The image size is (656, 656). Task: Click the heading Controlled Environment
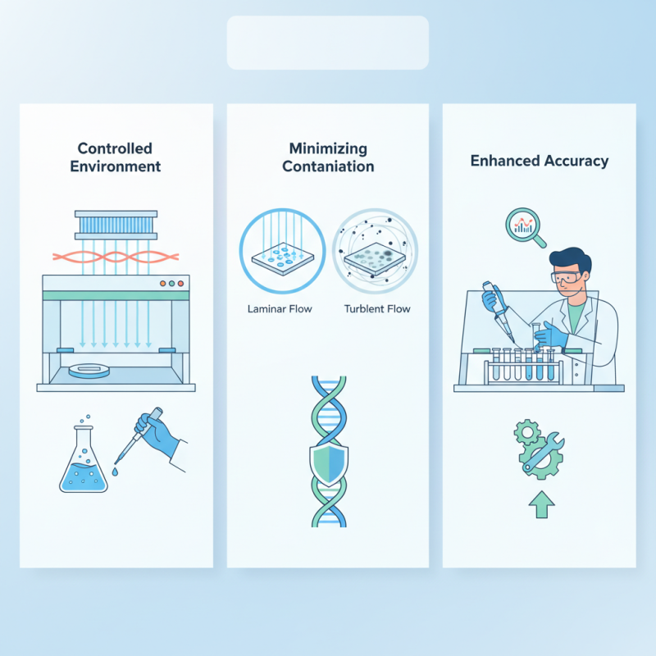tap(116, 157)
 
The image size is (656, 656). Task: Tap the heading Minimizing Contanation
tap(328, 157)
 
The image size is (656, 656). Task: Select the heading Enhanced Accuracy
tap(539, 161)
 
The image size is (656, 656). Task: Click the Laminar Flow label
tap(275, 309)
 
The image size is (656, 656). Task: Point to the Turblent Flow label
tap(378, 309)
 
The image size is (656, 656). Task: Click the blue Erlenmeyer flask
tap(84, 466)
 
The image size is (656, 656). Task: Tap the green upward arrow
tap(541, 503)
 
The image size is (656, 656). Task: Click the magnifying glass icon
tap(525, 225)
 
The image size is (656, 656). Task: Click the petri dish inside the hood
tap(91, 371)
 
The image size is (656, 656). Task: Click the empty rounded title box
tap(328, 43)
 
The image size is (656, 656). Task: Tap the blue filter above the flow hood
tap(116, 224)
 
